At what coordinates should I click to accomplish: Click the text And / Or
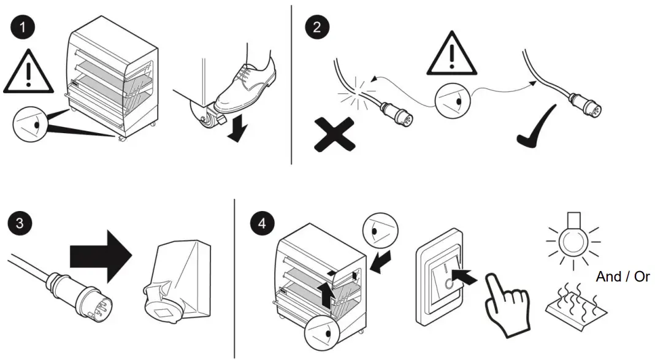click(622, 277)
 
